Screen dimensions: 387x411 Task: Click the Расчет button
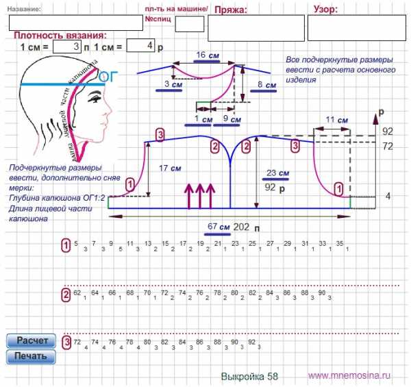(31, 341)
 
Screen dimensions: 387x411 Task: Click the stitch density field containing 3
(66, 47)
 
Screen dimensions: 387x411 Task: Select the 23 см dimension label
(277, 173)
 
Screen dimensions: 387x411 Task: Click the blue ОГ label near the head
(109, 77)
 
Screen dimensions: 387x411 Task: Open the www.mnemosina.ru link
(349, 375)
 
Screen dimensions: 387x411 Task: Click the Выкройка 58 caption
(250, 376)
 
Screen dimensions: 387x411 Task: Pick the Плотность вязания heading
(60, 35)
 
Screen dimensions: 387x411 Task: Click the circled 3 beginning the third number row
(66, 342)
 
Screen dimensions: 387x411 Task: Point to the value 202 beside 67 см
(242, 227)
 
